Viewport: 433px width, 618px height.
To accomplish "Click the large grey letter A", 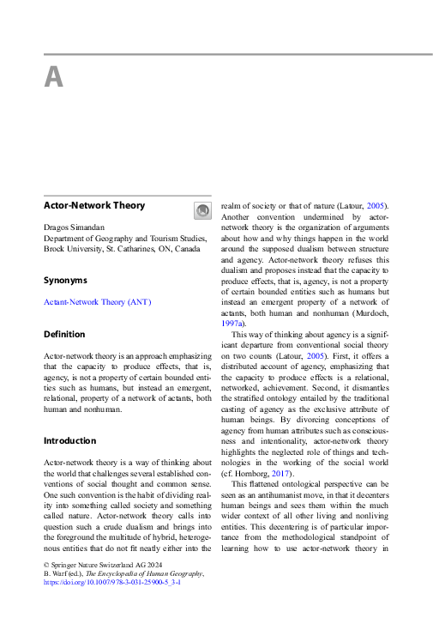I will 53,78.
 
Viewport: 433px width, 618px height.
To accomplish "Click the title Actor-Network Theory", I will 94,206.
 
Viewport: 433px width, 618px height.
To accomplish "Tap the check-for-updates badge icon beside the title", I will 201,210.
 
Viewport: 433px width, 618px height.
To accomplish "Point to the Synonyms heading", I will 66,280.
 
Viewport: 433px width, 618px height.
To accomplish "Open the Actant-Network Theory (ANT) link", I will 96,302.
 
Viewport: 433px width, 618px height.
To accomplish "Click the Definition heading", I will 64,334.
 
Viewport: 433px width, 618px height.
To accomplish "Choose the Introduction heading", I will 71,440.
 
